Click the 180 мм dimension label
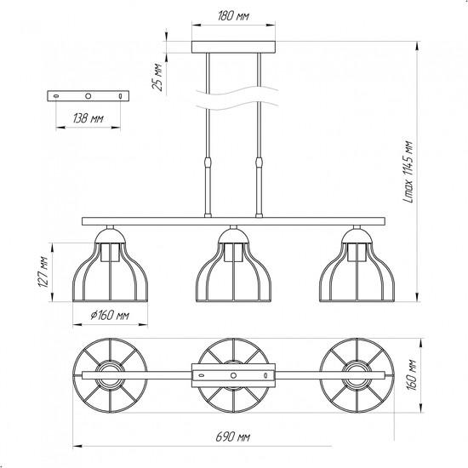coord(233,15)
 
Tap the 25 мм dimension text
coord(157,77)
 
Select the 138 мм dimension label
coord(88,118)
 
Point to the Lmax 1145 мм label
coord(408,172)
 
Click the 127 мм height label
coord(43,271)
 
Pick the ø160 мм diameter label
coord(110,315)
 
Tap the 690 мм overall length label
coord(233,437)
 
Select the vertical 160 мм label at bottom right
coord(412,375)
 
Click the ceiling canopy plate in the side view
coord(233,47)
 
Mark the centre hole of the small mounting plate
coord(88,96)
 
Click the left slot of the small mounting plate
coord(56,96)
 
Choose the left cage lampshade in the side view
coord(110,265)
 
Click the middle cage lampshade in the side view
coord(233,265)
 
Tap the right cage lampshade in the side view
coord(357,265)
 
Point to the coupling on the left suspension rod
coord(208,163)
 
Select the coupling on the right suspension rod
coord(259,163)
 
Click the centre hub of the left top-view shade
coord(110,375)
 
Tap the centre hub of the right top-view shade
coord(357,375)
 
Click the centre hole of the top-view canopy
coord(233,375)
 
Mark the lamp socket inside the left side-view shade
coord(110,253)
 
